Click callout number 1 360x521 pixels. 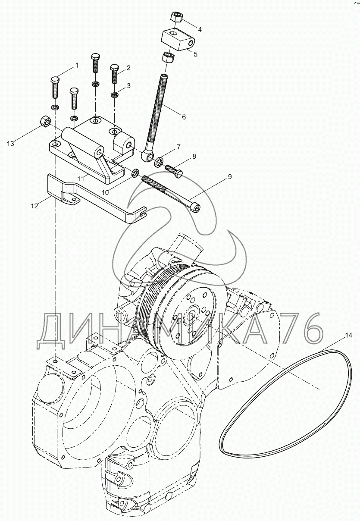coord(77,66)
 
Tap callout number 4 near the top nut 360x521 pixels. coord(200,29)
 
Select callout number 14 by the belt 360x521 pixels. coord(348,334)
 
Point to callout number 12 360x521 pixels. coord(34,206)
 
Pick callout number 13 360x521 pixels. coord(10,144)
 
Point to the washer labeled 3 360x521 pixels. coord(114,95)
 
